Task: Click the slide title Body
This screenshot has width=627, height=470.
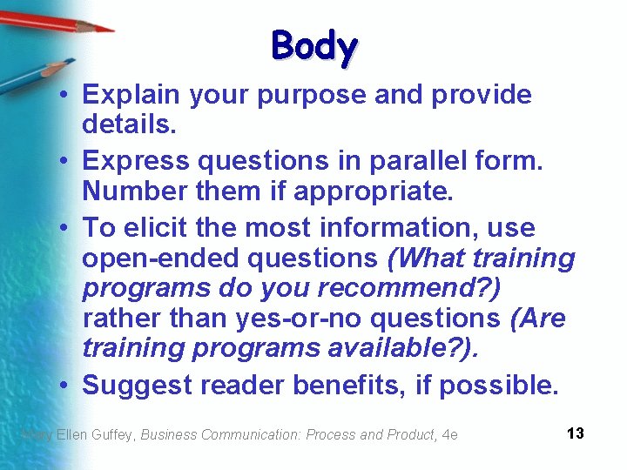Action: coord(313,47)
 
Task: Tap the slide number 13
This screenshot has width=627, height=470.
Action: coord(575,433)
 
